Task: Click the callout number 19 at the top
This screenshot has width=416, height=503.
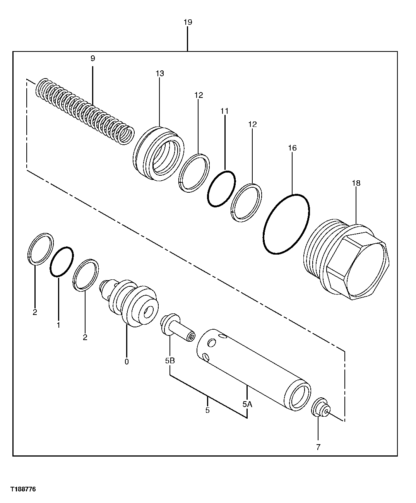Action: (188, 22)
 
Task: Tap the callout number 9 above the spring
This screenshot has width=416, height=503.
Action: (92, 58)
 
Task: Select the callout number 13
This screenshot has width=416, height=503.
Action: (160, 73)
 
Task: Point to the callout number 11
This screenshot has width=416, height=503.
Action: (225, 111)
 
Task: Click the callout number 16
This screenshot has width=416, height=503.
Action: (292, 148)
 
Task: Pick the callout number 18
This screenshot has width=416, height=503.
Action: (356, 183)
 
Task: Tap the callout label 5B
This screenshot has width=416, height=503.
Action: (170, 361)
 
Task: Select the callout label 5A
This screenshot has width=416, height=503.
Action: (247, 404)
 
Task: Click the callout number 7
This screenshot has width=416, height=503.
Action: (318, 447)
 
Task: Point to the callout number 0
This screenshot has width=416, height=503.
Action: (127, 362)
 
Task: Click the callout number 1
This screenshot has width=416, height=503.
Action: (58, 325)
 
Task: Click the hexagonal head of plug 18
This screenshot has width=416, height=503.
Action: (358, 267)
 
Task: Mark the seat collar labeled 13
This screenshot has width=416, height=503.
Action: (157, 153)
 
